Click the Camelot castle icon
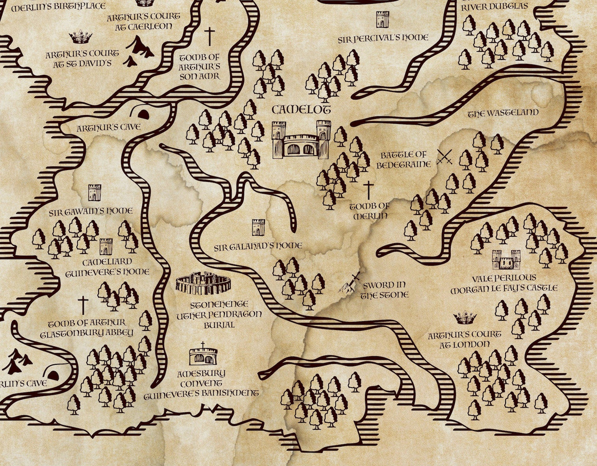point(301,139)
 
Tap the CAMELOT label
point(301,110)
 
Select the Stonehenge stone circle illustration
point(203,283)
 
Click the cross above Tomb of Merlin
point(368,190)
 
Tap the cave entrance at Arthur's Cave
point(143,113)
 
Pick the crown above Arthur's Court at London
point(465,316)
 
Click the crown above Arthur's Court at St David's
point(81,38)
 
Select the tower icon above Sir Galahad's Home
point(259,227)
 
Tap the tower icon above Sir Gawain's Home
point(95,192)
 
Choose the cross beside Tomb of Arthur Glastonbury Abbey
point(83,305)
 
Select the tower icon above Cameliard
point(106,247)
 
